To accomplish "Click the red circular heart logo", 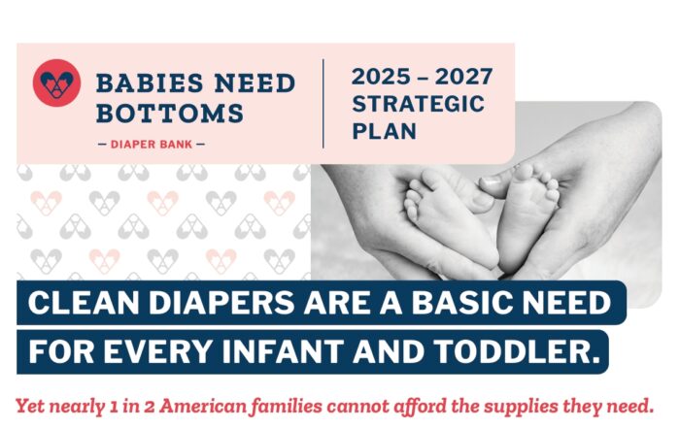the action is [x=56, y=82].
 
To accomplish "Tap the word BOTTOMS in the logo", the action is [x=170, y=113].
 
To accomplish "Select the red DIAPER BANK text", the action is [x=152, y=145].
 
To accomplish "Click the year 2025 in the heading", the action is [x=381, y=77].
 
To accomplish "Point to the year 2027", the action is [x=464, y=77].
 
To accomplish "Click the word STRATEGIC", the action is [x=419, y=104].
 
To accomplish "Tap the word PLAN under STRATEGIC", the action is [x=385, y=131].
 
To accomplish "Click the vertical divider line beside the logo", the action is [x=323, y=104].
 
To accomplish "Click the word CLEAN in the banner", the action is [x=84, y=303].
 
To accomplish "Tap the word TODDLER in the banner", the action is [x=517, y=351].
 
